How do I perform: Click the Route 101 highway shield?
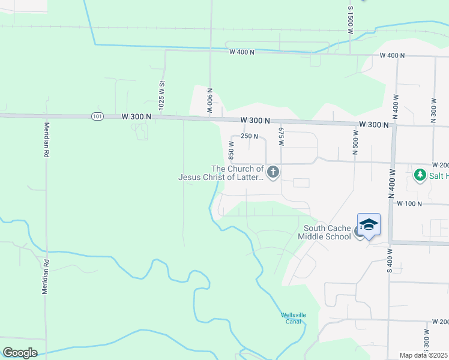[x=97, y=115]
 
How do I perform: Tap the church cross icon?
[x=273, y=173]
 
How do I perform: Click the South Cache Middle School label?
[x=327, y=232]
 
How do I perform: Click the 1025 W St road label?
[x=161, y=95]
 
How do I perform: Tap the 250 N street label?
[x=249, y=136]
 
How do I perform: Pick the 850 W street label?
[x=231, y=151]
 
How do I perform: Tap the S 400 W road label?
[x=389, y=261]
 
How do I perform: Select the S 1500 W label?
[x=350, y=19]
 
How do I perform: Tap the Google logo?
[x=20, y=353]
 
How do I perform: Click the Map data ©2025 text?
[x=423, y=355]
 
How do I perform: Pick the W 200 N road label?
[x=439, y=164]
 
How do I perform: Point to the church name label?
[x=221, y=173]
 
